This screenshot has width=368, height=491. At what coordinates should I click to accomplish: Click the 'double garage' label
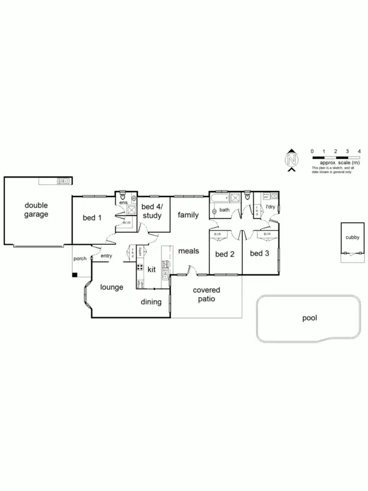(36, 210)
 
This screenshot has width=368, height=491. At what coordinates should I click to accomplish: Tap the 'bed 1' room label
(92, 217)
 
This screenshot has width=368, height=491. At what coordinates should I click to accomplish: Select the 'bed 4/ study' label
(151, 211)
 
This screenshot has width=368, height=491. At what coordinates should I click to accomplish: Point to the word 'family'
(188, 215)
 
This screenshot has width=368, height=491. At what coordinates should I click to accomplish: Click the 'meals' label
(188, 251)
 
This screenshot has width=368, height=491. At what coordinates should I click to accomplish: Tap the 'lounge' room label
(112, 287)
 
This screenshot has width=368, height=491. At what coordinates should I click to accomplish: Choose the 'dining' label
(151, 301)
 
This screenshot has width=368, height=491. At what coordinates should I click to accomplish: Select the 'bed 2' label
(224, 253)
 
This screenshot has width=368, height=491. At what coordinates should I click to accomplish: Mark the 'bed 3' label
(259, 253)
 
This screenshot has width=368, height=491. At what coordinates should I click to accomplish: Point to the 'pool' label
(310, 319)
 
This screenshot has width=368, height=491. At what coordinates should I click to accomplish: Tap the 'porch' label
(80, 258)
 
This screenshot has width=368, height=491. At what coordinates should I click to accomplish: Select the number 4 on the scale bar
(359, 150)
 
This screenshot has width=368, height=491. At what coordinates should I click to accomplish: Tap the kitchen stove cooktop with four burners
(140, 268)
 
